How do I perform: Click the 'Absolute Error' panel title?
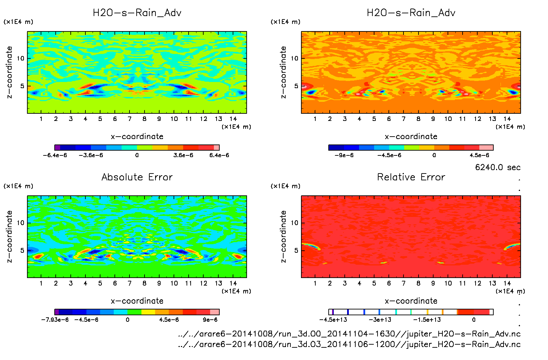(x=137, y=177)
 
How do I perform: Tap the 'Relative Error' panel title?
(x=411, y=177)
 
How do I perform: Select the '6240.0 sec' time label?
(x=498, y=167)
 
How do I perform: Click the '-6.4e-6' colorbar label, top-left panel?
(x=55, y=155)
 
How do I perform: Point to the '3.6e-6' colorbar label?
(x=183, y=155)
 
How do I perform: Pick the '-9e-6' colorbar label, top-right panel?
(x=344, y=155)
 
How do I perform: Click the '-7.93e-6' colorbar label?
(x=55, y=320)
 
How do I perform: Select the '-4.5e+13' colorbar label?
(x=333, y=320)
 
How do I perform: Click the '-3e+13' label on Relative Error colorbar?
(x=380, y=320)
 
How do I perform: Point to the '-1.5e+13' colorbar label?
(x=427, y=320)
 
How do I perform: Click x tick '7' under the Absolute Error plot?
(x=129, y=283)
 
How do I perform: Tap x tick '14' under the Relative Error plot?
(x=507, y=283)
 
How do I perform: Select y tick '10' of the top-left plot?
(x=21, y=58)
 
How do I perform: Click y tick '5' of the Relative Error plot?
(x=296, y=250)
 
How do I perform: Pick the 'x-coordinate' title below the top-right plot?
(x=411, y=137)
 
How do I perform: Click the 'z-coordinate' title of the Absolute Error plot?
(x=10, y=236)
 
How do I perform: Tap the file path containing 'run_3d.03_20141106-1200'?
(x=349, y=344)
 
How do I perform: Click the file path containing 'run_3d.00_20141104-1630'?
(x=349, y=334)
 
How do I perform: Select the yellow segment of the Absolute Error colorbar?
(x=148, y=312)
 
